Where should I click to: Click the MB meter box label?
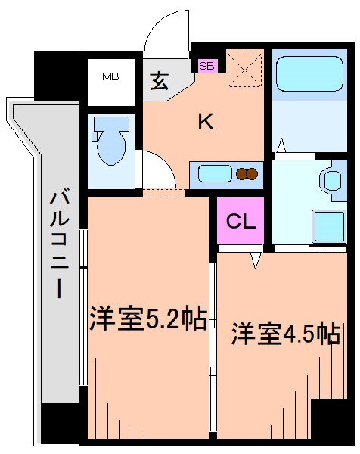click(x=111, y=76)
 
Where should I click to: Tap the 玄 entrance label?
click(x=159, y=81)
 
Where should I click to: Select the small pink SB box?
click(x=206, y=66)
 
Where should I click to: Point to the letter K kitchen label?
click(x=205, y=121)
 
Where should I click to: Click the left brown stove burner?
click(x=242, y=174)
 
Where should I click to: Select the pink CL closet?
click(x=241, y=222)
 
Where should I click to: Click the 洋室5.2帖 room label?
click(x=148, y=320)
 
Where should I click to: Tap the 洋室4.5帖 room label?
click(x=284, y=334)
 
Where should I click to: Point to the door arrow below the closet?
click(x=256, y=260)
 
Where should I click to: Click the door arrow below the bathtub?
click(x=281, y=145)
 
